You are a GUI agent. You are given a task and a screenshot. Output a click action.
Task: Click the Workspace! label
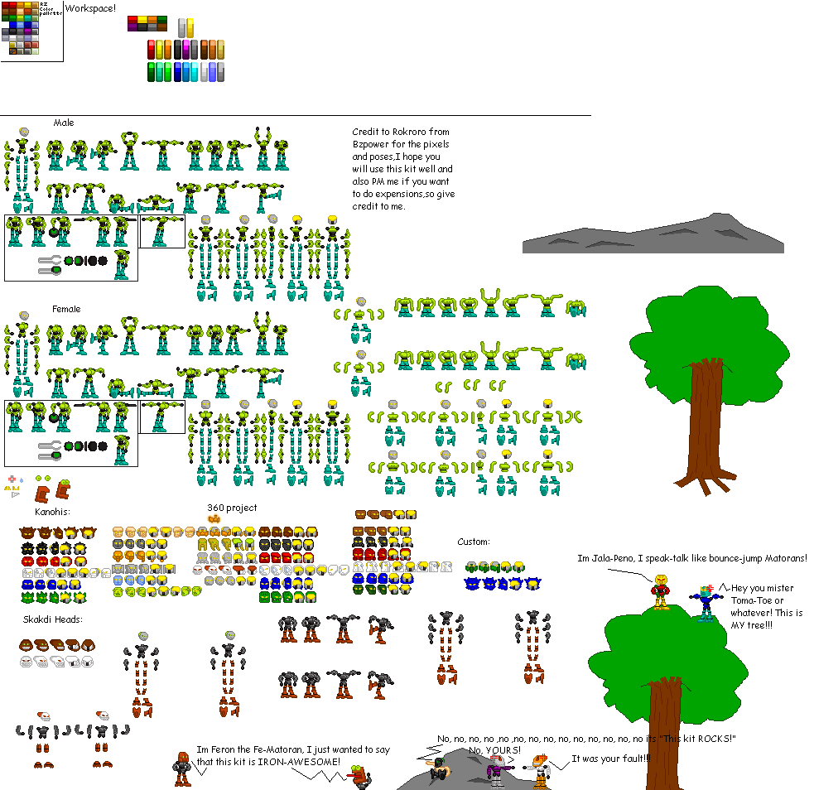91,8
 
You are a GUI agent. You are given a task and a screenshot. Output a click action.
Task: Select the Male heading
64,123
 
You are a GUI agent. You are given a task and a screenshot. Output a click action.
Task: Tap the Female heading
66,309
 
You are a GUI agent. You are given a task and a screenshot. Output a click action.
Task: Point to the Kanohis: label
52,512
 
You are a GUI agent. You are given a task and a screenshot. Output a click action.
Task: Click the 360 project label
232,508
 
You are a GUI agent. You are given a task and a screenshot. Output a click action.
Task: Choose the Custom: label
474,542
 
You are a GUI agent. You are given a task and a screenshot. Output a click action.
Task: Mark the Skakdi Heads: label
53,619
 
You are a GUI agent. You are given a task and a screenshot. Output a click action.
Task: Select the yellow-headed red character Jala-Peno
661,591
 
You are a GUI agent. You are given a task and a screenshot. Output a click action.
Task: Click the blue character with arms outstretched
706,602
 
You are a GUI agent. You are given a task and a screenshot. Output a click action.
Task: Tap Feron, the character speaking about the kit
182,768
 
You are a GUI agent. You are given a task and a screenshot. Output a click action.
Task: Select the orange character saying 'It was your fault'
539,768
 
